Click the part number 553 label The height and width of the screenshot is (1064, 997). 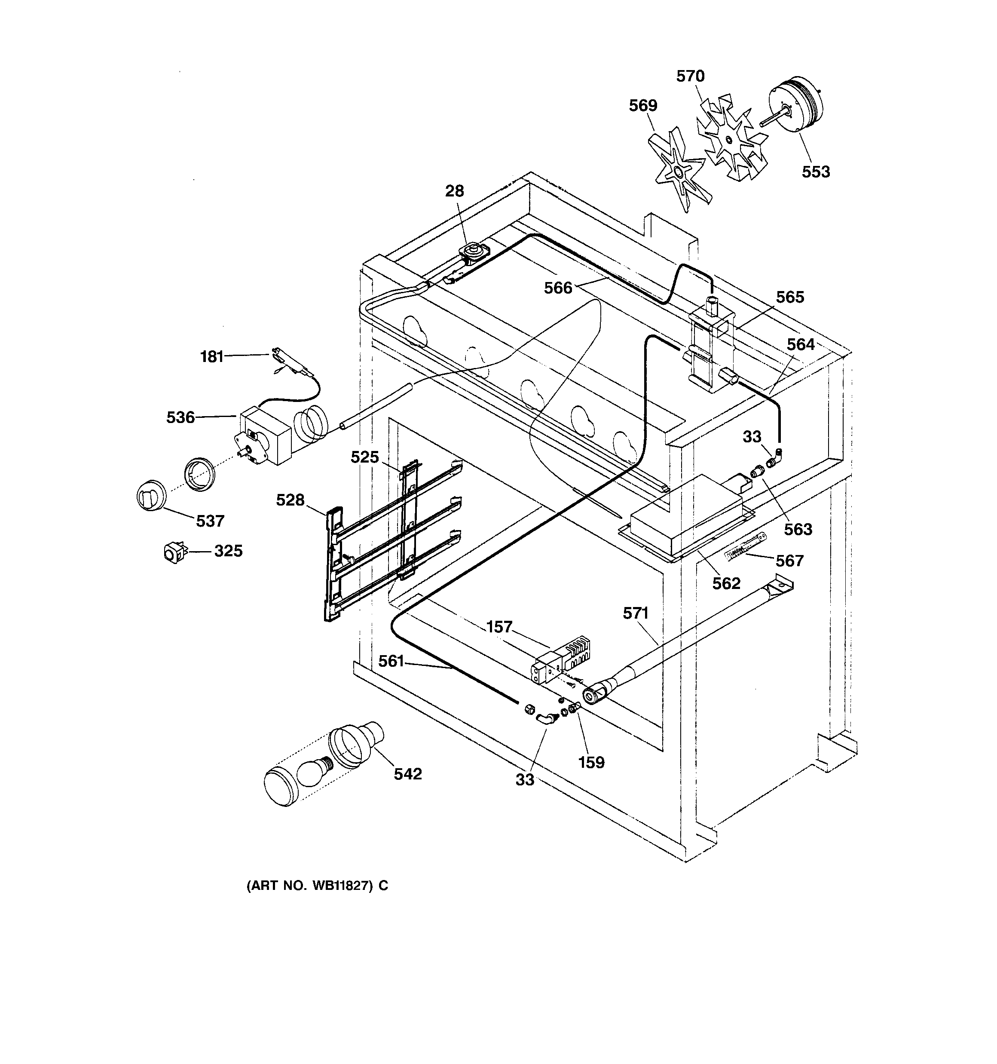point(816,172)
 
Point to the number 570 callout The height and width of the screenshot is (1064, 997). point(690,77)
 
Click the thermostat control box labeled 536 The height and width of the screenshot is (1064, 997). point(266,435)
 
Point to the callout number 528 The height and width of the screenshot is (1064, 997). point(290,500)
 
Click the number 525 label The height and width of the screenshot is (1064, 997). point(364,457)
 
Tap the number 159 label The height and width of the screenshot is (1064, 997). point(591,762)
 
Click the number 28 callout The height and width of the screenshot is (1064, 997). point(455,191)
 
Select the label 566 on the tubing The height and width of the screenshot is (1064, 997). point(558,288)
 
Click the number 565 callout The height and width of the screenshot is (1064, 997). point(790,297)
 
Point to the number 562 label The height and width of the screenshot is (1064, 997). point(726,583)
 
